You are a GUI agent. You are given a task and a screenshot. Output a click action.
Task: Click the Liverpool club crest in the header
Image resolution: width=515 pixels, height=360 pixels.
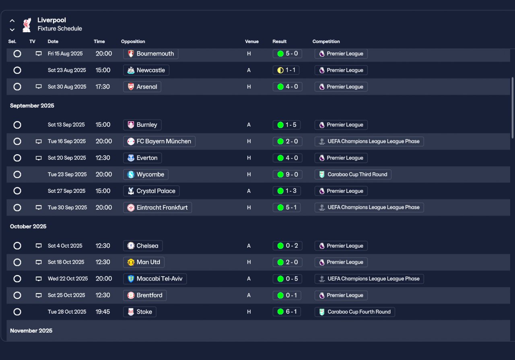[x=27, y=25]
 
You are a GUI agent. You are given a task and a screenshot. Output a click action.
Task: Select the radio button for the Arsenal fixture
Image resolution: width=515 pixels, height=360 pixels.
[x=17, y=87]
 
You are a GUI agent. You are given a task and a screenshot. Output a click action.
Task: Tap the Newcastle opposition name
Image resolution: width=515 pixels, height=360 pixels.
[x=150, y=70]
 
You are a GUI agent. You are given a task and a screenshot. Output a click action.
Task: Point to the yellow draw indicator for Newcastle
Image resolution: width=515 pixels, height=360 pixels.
[x=280, y=70]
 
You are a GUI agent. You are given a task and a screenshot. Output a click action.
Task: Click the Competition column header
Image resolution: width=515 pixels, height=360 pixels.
[x=326, y=41]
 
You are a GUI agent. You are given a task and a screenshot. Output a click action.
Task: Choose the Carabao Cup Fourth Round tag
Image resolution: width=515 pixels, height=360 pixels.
[x=355, y=312]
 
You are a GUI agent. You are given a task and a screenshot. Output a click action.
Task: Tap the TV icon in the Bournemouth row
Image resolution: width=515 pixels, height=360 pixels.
[x=39, y=54]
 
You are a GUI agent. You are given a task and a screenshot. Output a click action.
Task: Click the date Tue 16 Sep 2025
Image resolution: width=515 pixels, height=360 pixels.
[x=67, y=141]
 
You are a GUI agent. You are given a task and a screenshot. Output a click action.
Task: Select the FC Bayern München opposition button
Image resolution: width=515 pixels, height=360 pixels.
[x=159, y=141]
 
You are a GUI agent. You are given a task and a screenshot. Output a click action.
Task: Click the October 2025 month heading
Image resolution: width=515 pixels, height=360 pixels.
[x=28, y=226]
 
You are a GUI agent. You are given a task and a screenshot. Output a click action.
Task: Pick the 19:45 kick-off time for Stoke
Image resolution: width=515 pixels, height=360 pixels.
[x=103, y=312]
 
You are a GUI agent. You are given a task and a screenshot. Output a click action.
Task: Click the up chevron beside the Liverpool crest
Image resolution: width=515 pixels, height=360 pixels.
[x=12, y=21]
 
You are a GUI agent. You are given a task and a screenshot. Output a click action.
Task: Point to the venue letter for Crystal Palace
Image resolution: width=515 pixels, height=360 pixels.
[x=249, y=191]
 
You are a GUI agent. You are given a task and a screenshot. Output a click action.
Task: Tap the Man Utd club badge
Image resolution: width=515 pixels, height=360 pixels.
[x=131, y=262]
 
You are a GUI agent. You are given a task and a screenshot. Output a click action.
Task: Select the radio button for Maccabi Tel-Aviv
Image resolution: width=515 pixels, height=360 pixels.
[x=17, y=279]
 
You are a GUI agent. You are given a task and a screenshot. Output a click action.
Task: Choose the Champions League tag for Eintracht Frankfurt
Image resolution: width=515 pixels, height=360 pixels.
[x=369, y=207]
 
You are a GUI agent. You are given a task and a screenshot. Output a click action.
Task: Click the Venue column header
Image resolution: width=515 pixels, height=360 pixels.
[x=252, y=41]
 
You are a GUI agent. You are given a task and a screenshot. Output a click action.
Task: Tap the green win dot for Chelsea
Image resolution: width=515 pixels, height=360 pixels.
[x=280, y=246]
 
